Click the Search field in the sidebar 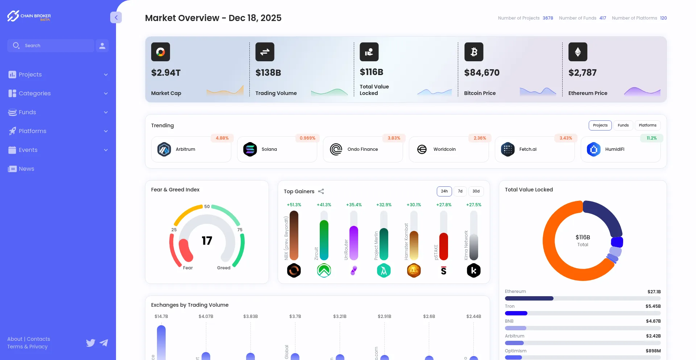click(x=51, y=46)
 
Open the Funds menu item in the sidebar click(x=28, y=112)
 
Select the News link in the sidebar click(x=26, y=169)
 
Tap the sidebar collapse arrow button click(x=116, y=17)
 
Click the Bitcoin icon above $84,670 click(x=474, y=52)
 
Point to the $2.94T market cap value click(x=166, y=73)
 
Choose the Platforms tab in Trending click(x=647, y=125)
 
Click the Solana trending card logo click(x=250, y=149)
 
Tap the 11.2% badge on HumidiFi click(x=651, y=138)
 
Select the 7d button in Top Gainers click(x=460, y=191)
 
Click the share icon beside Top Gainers click(x=321, y=191)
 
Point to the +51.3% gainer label click(x=294, y=205)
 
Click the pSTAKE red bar click(x=444, y=247)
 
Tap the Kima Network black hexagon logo click(x=473, y=270)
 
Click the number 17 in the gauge click(x=207, y=241)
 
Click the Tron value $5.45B click(x=653, y=306)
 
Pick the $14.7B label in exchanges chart click(x=161, y=316)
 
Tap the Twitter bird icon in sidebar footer click(x=91, y=343)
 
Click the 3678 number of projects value click(x=548, y=18)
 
